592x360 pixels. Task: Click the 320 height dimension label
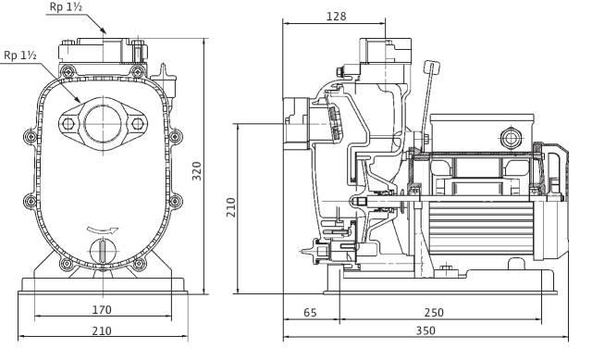pos(197,171)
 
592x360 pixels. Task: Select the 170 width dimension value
pos(102,310)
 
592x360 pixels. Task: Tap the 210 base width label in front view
pos(102,331)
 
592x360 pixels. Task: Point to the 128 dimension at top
pos(336,17)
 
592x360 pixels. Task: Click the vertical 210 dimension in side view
pos(230,207)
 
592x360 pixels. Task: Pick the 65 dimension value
pos(310,313)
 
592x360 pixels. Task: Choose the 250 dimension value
pos(434,313)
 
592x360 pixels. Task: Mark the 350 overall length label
pos(425,331)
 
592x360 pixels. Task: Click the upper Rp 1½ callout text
pos(66,6)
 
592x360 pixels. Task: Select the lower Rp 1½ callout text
pos(20,56)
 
